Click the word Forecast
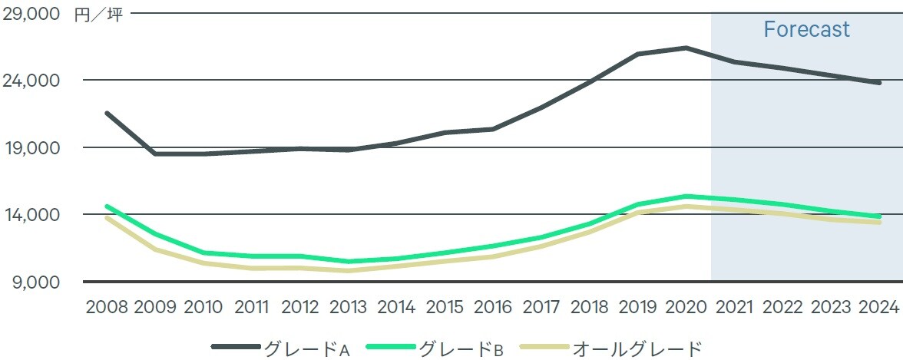(806, 30)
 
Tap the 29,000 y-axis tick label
(33, 15)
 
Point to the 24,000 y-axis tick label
(33, 81)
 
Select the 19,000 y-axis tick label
(33, 147)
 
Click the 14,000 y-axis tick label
(33, 215)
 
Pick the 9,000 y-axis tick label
(37, 282)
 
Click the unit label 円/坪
(98, 15)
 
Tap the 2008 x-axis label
(107, 307)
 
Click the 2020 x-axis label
(685, 307)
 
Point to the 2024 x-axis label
(878, 307)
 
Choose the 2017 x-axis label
(541, 307)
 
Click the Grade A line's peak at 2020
(685, 48)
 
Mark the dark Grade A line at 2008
(107, 113)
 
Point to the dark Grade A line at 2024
(878, 82)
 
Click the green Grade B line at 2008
(107, 206)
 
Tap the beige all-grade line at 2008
(107, 218)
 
